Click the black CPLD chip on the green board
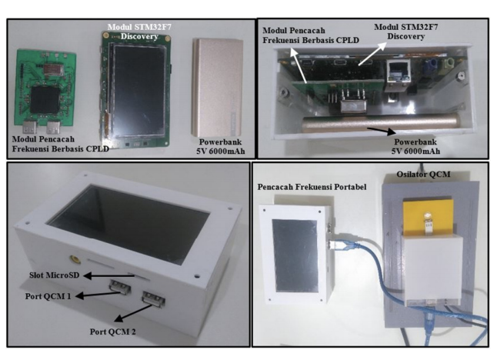coord(45,101)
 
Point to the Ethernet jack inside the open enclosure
coord(398,73)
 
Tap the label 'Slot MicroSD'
coord(54,275)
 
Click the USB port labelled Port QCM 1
coord(120,286)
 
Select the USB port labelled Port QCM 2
coord(154,299)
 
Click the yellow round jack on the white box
coord(75,259)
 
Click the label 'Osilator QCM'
coord(423,175)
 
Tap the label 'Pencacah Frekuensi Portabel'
coord(312,187)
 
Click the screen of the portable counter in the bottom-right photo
coord(295,255)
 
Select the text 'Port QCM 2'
coord(113,332)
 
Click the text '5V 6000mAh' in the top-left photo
coord(221,152)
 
